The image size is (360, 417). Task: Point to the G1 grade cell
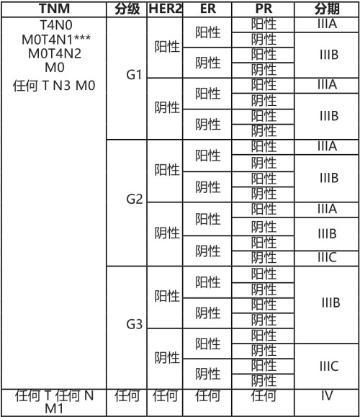click(132, 75)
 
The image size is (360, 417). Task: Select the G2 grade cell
click(132, 199)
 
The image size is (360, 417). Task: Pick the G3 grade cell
click(132, 324)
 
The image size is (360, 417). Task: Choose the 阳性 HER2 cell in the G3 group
click(167, 296)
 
